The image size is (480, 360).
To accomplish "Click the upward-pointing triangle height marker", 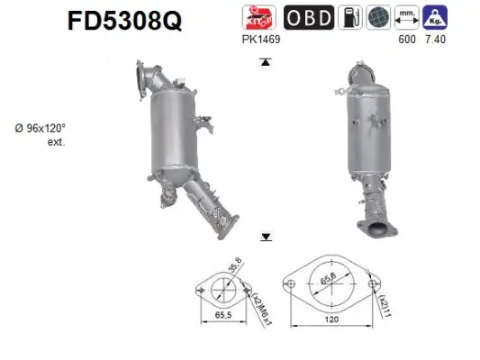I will (266, 62).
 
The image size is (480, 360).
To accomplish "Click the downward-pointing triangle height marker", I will (266, 237).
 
